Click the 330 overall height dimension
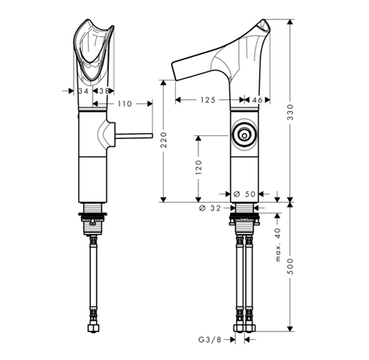290,112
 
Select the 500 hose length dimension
290,266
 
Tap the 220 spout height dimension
164,140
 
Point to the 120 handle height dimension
198,167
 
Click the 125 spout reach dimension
208,100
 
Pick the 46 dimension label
257,100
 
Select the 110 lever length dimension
125,104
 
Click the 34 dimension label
83,91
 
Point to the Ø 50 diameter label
244,194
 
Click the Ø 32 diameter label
210,208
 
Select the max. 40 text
278,245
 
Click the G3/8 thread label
210,340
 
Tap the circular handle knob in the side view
244,135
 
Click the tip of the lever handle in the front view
152,135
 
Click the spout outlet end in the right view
174,71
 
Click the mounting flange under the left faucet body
92,214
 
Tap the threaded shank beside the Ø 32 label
244,207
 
